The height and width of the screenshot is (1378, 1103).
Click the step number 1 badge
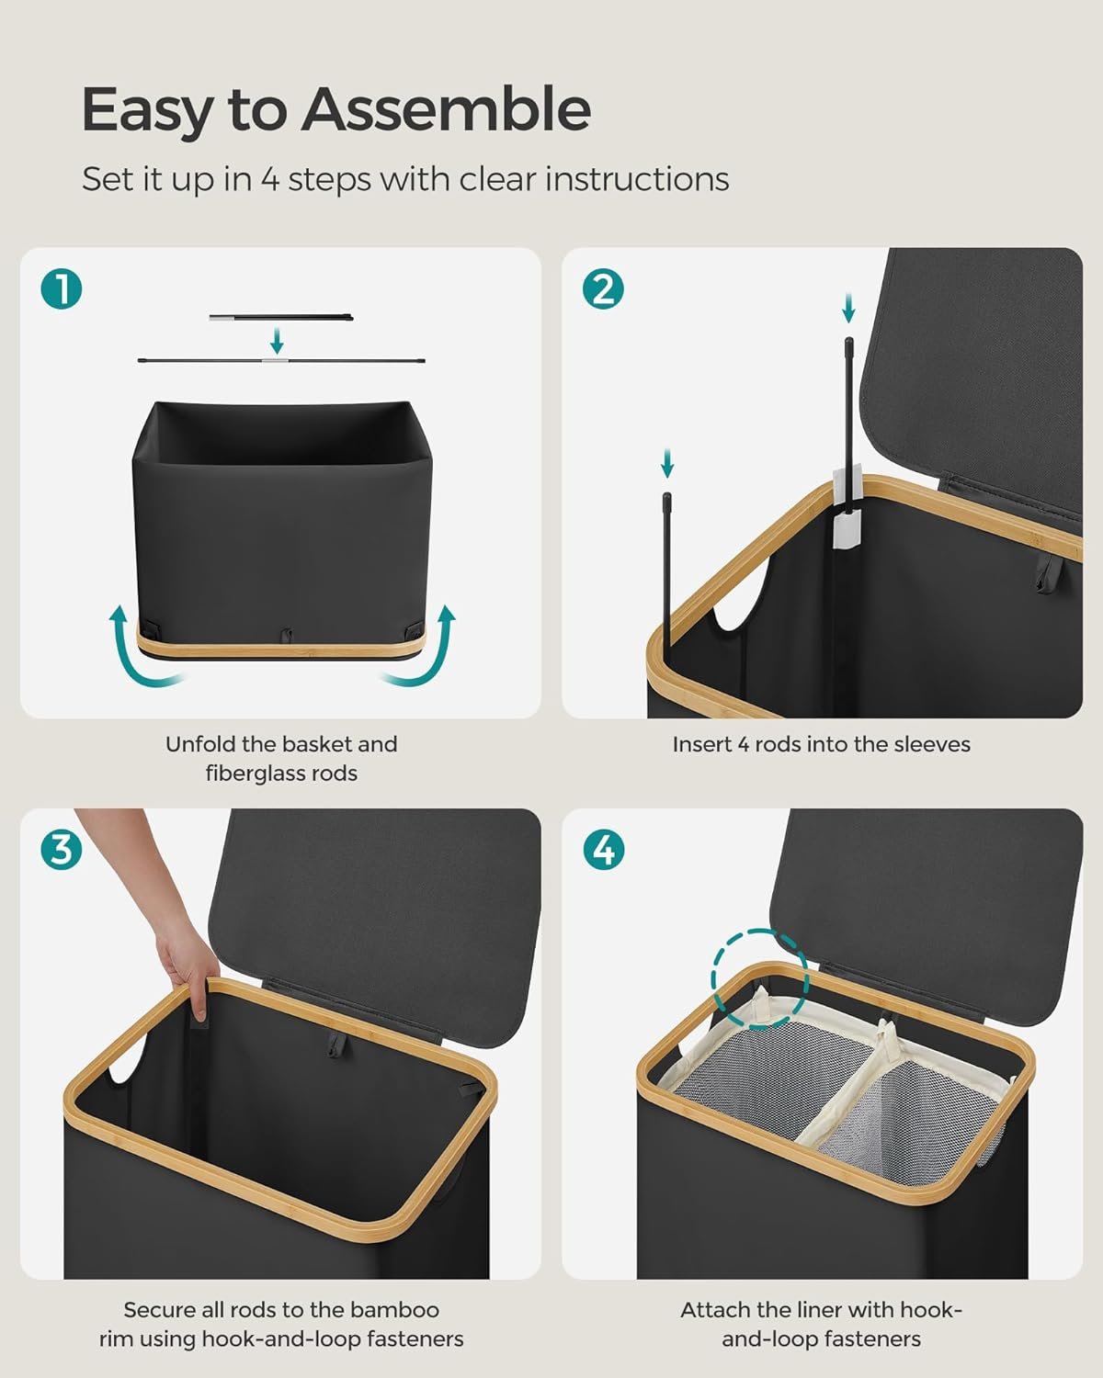pos(62,288)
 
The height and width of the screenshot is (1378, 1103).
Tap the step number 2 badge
pos(603,288)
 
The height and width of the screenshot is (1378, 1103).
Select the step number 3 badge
pos(62,851)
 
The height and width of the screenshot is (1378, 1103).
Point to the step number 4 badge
pos(604,851)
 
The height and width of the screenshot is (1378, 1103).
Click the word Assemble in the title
pos(446,109)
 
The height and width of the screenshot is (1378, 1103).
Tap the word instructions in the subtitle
pos(637,179)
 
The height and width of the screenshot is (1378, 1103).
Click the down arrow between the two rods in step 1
pos(277,341)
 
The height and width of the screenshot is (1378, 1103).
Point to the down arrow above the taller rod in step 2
pos(848,308)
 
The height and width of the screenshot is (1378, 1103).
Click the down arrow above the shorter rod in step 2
pos(667,463)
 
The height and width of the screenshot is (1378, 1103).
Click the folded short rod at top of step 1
pos(280,317)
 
